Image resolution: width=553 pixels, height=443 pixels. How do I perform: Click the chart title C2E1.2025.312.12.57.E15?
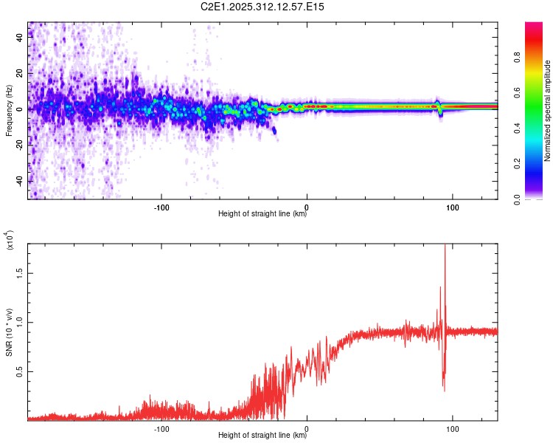263,7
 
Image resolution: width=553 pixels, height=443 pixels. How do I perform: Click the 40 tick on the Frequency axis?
20,38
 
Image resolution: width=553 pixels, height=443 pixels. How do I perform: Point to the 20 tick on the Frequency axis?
20,74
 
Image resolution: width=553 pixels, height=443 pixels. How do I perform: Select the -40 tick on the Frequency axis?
18,181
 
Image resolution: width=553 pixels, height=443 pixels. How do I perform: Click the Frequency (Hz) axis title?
8,111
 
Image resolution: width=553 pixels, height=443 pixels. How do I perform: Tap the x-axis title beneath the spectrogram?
262,214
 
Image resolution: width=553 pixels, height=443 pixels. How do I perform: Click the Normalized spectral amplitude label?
548,111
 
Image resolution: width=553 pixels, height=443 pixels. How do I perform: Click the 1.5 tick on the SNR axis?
20,272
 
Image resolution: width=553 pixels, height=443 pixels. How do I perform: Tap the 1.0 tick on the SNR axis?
20,322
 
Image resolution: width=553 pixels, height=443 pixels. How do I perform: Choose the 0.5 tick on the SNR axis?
20,371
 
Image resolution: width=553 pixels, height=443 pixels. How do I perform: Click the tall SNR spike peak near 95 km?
445,247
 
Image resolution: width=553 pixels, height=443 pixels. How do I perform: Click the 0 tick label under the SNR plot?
307,427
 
